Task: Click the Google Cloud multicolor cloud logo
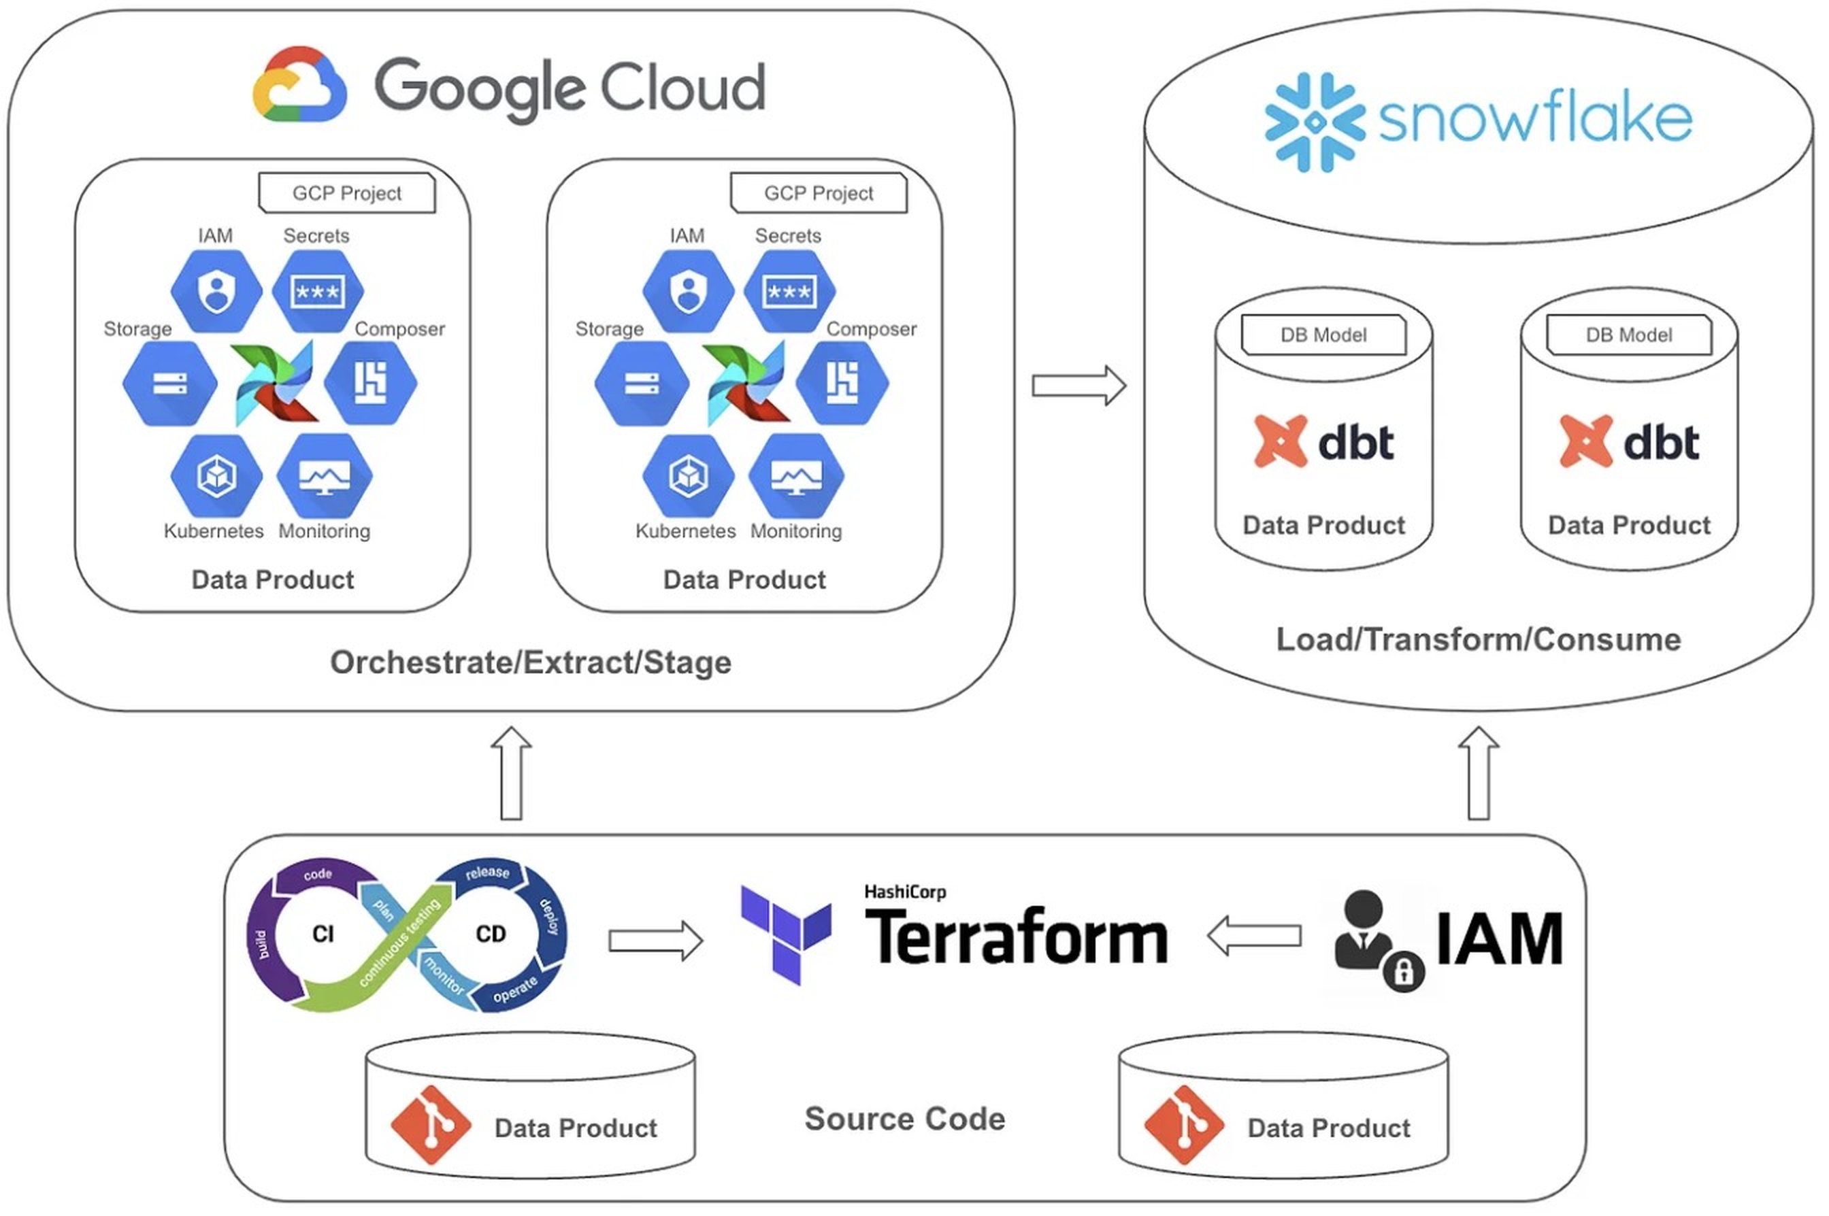pyautogui.click(x=299, y=84)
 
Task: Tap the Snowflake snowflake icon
pyautogui.click(x=1314, y=122)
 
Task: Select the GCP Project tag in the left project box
pyautogui.click(x=347, y=193)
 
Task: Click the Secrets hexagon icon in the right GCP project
pyautogui.click(x=789, y=292)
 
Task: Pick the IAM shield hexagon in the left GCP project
pyautogui.click(x=216, y=292)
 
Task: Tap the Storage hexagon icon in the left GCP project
pyautogui.click(x=170, y=383)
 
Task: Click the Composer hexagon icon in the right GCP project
pyautogui.click(x=842, y=382)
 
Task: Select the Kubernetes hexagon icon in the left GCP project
pyautogui.click(x=216, y=475)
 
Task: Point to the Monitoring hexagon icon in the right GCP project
pyautogui.click(x=796, y=475)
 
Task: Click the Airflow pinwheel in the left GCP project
pyautogui.click(x=276, y=383)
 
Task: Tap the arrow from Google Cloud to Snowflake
pyautogui.click(x=1078, y=385)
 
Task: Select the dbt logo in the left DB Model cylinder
pyautogui.click(x=1323, y=441)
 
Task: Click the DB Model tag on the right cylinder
pyautogui.click(x=1628, y=335)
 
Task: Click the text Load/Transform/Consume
pyautogui.click(x=1478, y=640)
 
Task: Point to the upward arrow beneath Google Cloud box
pyautogui.click(x=511, y=773)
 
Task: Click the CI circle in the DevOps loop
pyautogui.click(x=323, y=934)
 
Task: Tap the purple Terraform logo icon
pyautogui.click(x=785, y=934)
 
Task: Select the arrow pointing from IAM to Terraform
pyautogui.click(x=1254, y=936)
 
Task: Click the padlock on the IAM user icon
pyautogui.click(x=1403, y=971)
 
